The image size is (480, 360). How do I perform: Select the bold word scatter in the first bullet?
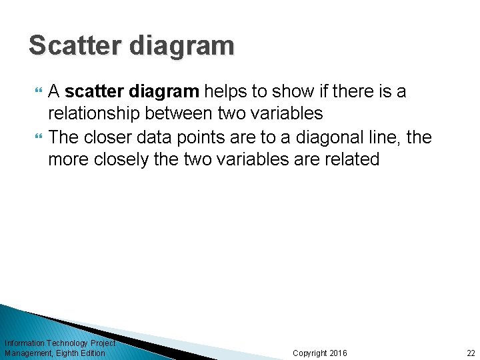pyautogui.click(x=93, y=91)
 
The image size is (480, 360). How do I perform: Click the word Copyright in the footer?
pyautogui.click(x=310, y=353)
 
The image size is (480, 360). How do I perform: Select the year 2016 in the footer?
pyautogui.click(x=339, y=353)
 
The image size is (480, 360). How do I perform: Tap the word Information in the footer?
pyautogui.click(x=24, y=343)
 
